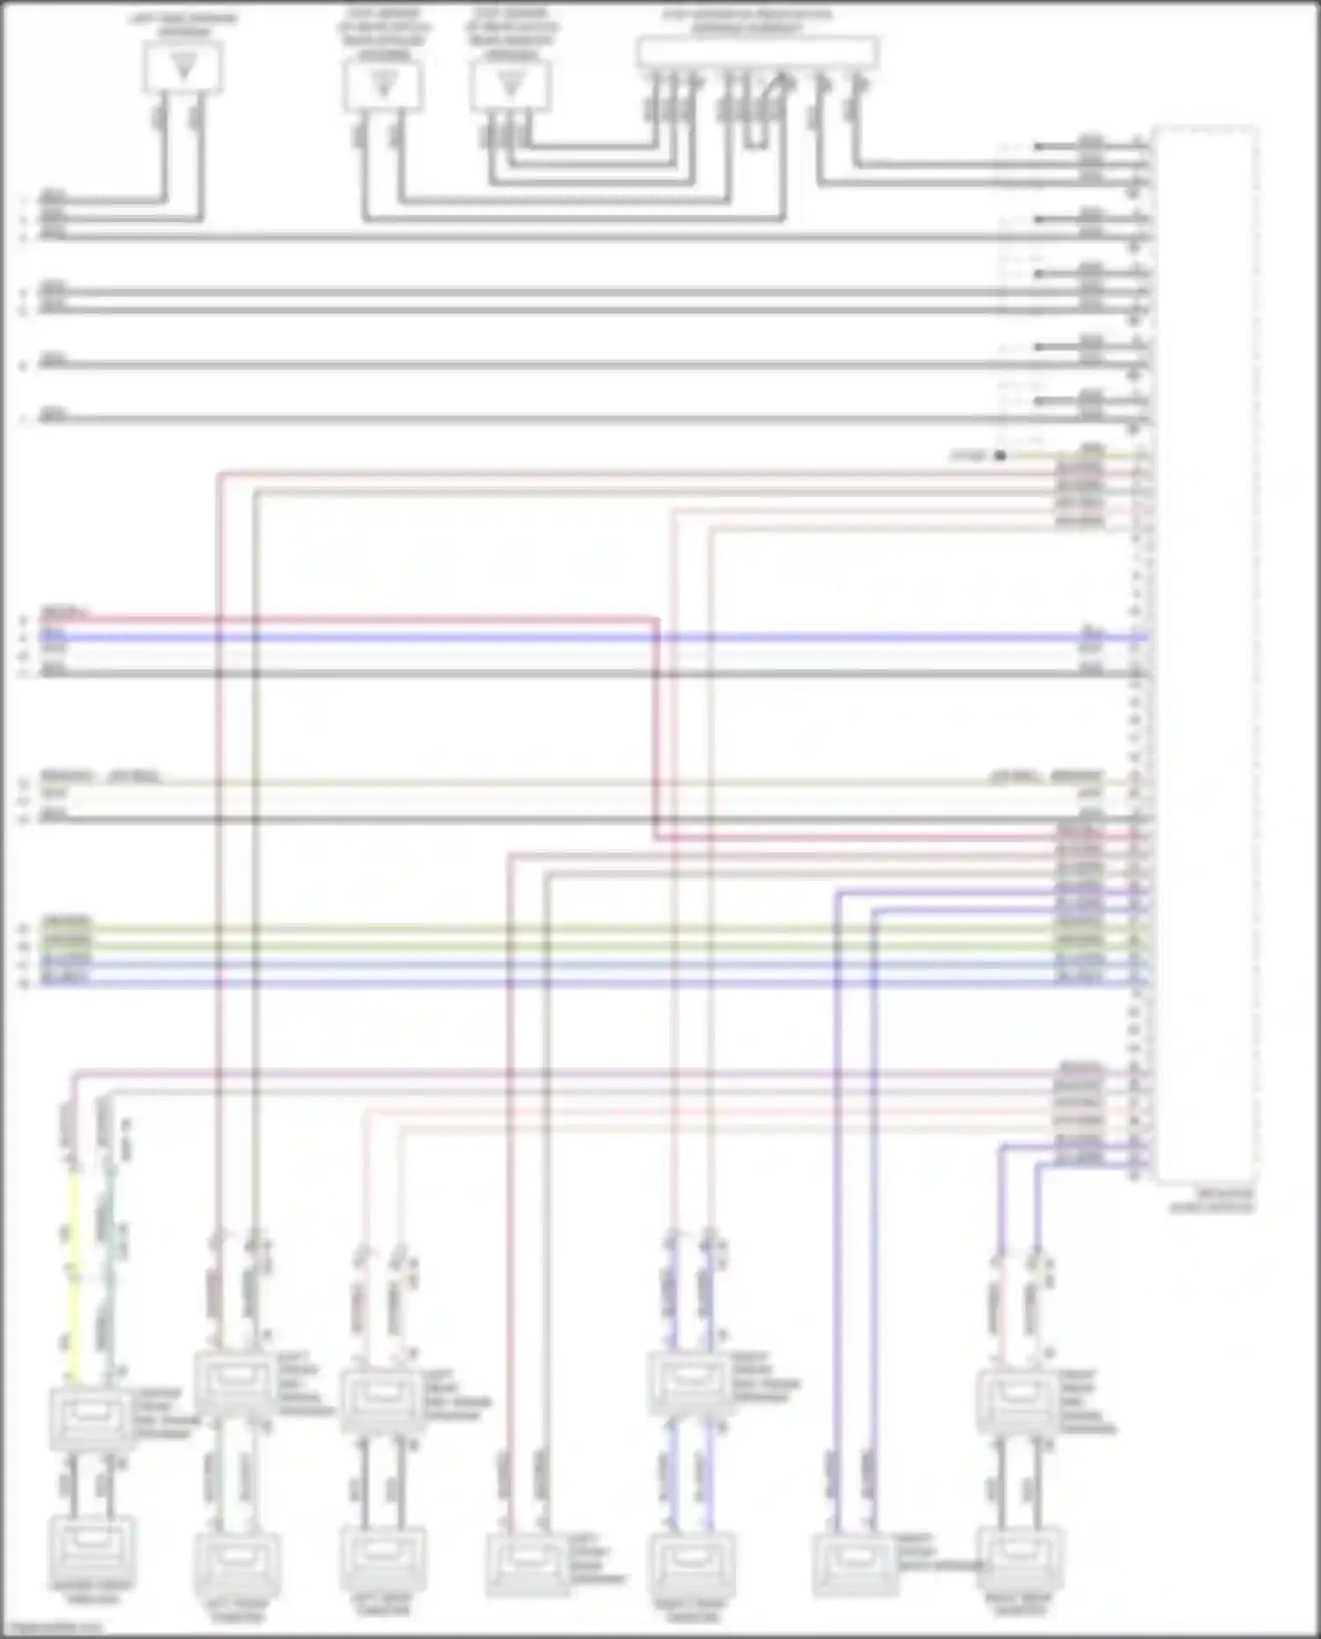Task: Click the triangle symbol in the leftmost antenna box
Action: [x=183, y=66]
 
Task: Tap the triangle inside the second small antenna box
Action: [x=383, y=85]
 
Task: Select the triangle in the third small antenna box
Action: [x=510, y=85]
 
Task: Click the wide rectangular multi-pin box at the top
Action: [x=756, y=53]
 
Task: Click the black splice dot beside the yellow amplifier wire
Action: [x=1000, y=455]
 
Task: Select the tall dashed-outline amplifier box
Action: [x=1206, y=652]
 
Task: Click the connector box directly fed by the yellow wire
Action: [x=91, y=1418]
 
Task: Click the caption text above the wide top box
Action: [x=747, y=21]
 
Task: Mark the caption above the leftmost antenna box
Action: [x=183, y=25]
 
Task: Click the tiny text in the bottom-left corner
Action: [x=53, y=1628]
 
